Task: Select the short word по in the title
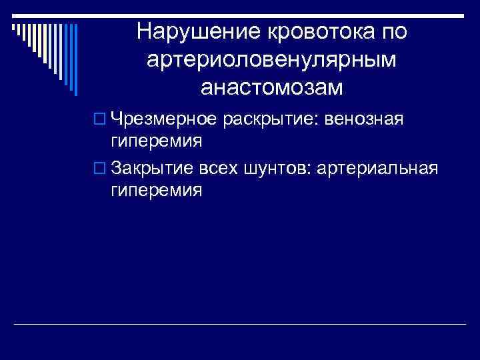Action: click(x=393, y=31)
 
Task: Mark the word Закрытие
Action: click(x=153, y=168)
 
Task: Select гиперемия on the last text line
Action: click(x=157, y=191)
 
